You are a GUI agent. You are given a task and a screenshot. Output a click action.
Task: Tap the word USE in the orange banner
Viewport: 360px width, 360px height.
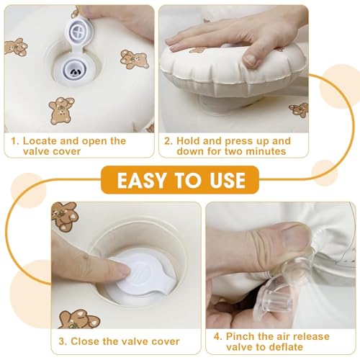coord(228,180)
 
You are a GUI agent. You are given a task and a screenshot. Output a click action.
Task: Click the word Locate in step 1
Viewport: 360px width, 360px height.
coord(40,141)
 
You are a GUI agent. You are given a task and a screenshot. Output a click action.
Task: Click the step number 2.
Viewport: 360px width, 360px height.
coord(168,141)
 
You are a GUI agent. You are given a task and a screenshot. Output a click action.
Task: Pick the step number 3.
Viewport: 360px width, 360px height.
coord(63,341)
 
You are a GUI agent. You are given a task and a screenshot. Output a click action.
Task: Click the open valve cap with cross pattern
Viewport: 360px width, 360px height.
coord(78,30)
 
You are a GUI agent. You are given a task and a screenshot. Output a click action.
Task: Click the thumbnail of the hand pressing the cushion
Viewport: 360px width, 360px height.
coord(251,59)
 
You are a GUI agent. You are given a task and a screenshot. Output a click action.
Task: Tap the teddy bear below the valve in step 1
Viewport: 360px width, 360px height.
coord(61,110)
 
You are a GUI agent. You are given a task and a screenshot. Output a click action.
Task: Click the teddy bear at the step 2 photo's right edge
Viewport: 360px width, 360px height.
coord(300,110)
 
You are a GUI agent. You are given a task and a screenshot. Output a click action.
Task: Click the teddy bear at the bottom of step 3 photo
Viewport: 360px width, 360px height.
coord(79,319)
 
